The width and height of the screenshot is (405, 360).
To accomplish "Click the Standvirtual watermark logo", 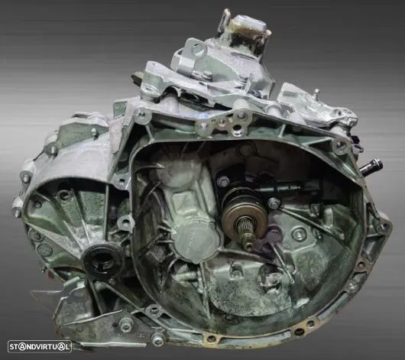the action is (40, 346).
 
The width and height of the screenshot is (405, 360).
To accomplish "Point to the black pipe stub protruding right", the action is (371, 167).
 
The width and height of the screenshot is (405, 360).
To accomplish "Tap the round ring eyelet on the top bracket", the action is (197, 50).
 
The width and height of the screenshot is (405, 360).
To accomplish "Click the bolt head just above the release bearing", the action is (223, 181).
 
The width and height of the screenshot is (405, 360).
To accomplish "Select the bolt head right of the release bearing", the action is (274, 203).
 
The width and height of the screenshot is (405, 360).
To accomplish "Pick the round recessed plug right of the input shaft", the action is (299, 235).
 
